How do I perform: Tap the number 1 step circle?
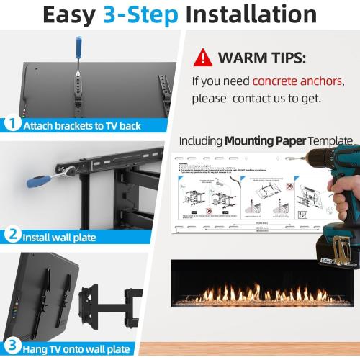point(11,125)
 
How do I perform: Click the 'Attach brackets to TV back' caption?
point(81,125)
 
